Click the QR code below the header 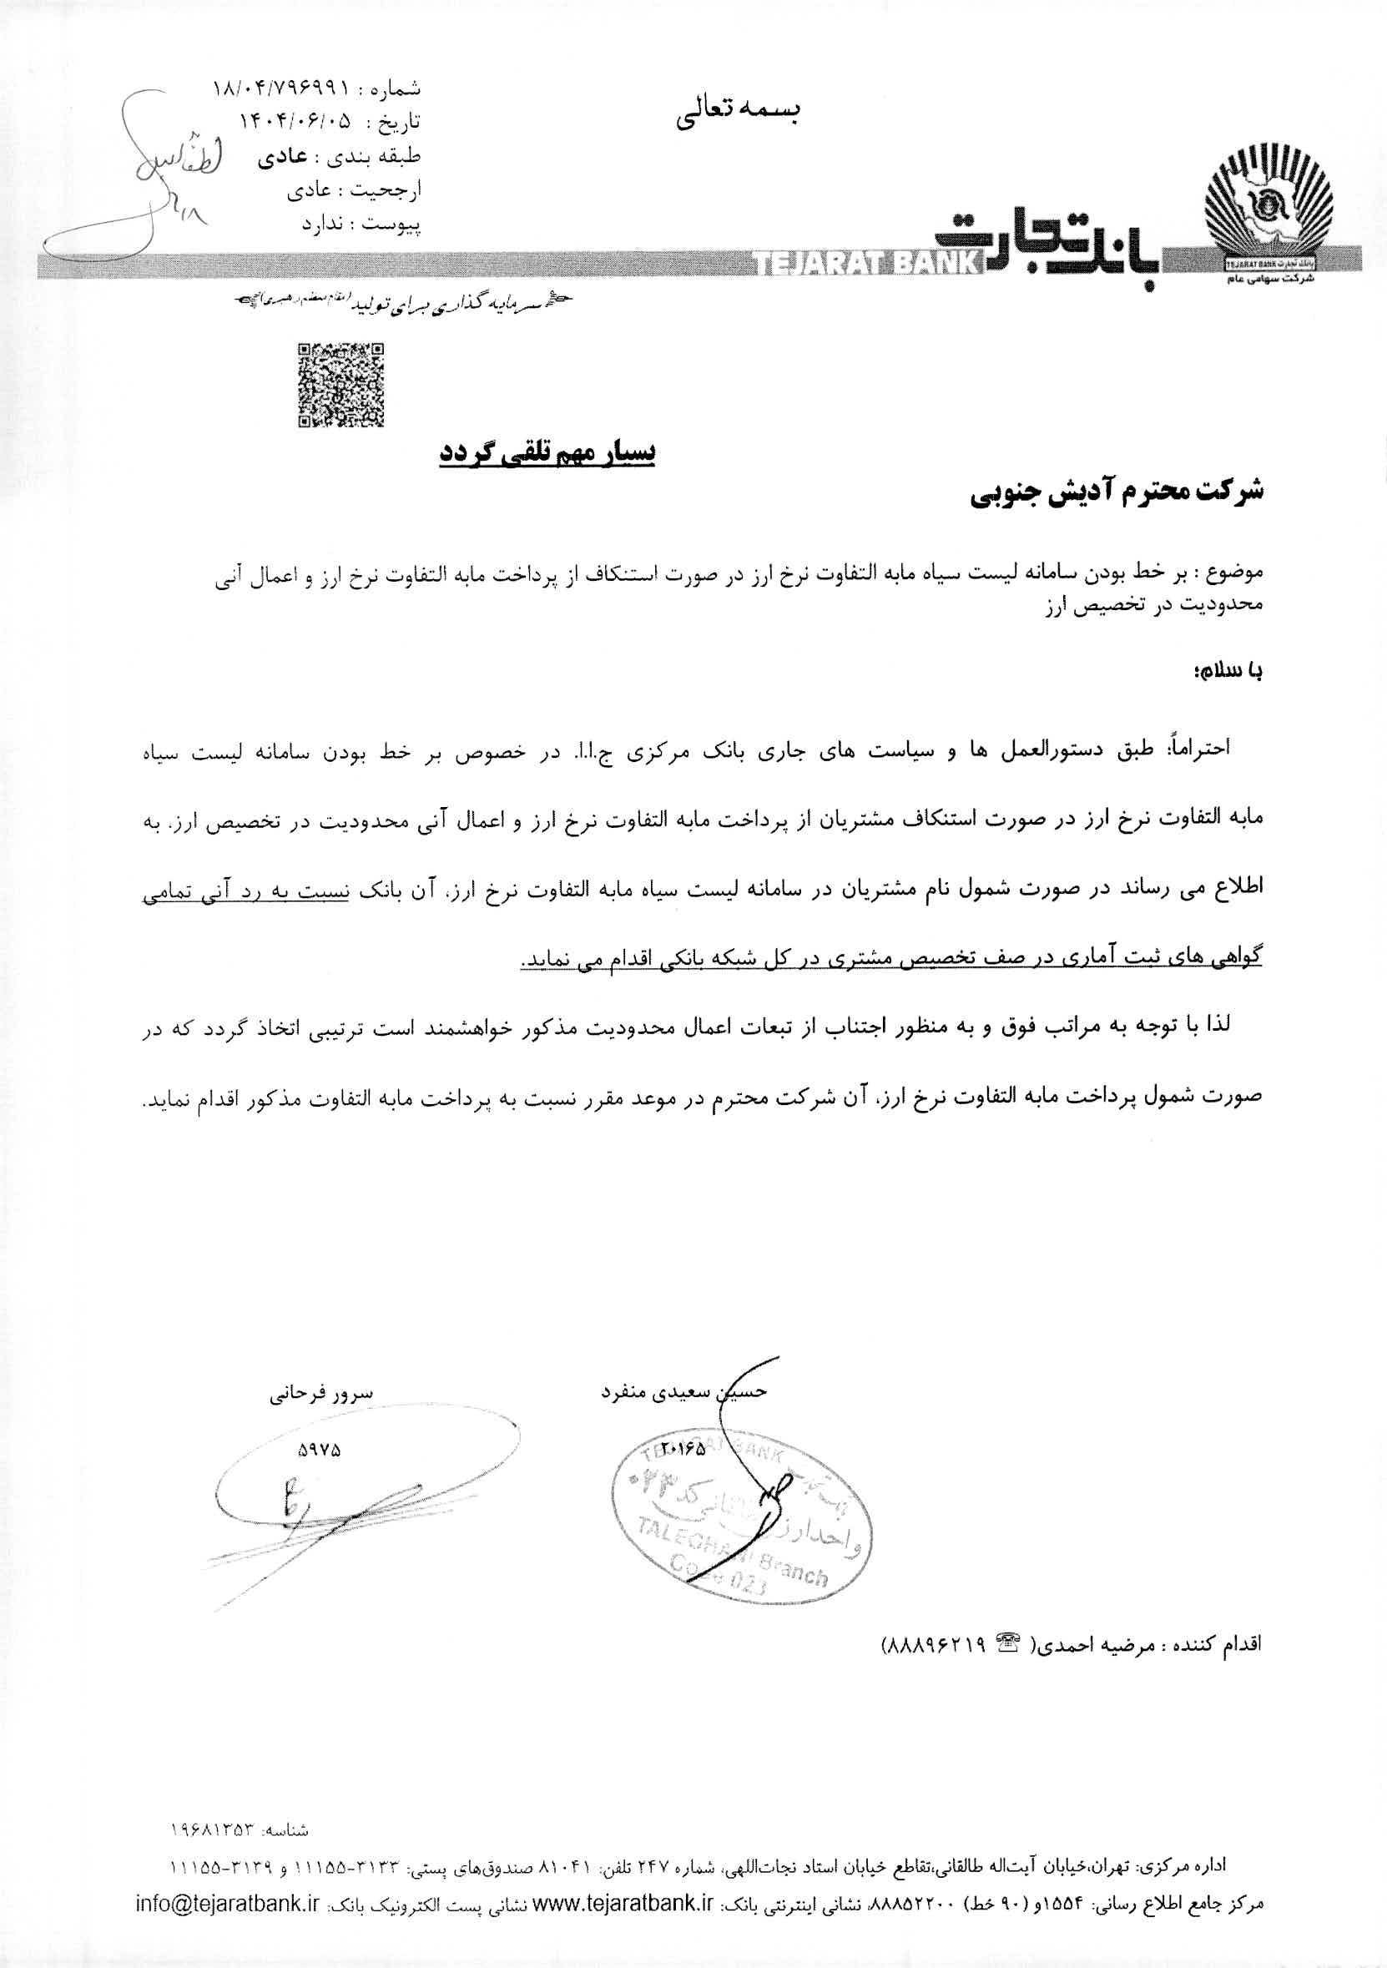(x=340, y=385)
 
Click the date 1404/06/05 (x=296, y=122)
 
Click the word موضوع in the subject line (x=1235, y=571)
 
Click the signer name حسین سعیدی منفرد (x=683, y=1392)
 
